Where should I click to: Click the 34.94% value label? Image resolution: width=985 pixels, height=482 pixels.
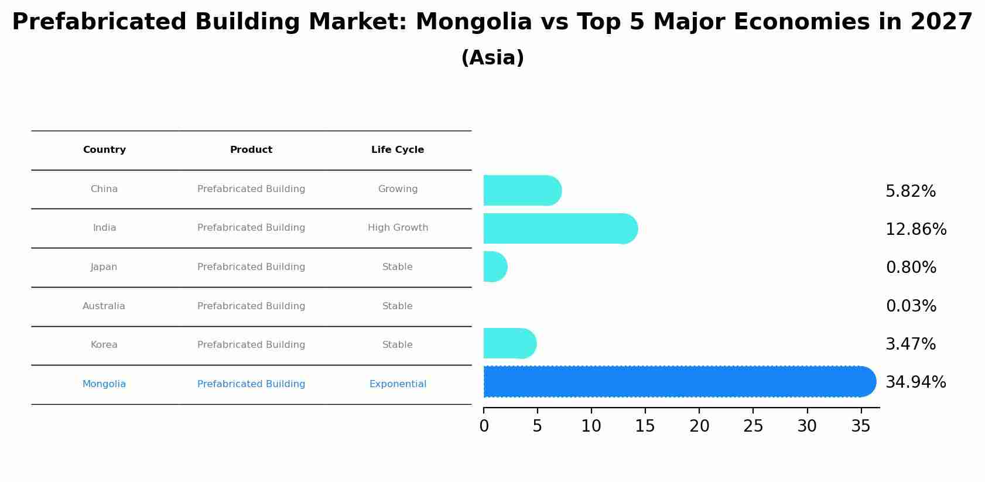click(x=915, y=382)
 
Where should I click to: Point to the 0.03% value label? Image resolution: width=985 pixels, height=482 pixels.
click(x=911, y=306)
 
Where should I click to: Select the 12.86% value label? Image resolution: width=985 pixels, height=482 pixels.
click(x=916, y=230)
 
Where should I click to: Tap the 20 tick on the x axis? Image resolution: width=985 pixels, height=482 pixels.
click(x=699, y=426)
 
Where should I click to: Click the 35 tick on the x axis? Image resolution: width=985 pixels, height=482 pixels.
click(x=861, y=426)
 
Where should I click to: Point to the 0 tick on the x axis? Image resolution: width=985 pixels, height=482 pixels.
click(x=484, y=426)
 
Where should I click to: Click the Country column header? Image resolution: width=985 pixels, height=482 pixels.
click(x=104, y=150)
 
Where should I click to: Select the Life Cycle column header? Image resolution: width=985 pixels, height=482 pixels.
click(x=398, y=150)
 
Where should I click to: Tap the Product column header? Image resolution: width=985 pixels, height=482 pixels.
click(x=251, y=150)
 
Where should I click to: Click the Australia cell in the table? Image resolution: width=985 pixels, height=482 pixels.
click(x=104, y=306)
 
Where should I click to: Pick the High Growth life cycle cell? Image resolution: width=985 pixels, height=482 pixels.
click(x=398, y=228)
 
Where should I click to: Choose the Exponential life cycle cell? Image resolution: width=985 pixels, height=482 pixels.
click(x=398, y=384)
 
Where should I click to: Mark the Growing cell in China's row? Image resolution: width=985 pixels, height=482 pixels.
click(x=398, y=189)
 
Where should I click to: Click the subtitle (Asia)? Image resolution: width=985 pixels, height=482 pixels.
click(x=493, y=58)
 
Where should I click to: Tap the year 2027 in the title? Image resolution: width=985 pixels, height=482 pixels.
click(x=941, y=22)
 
